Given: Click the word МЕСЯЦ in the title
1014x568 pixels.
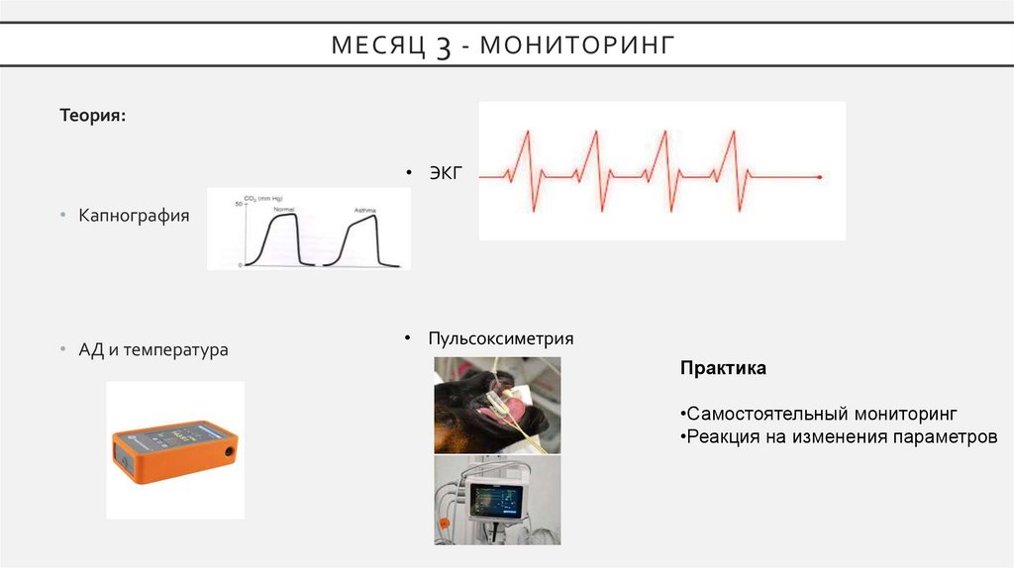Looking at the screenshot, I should pos(378,45).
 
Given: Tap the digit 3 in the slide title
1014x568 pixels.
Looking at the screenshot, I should pos(443,47).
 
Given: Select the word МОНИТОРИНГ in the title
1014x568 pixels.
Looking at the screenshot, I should pos(582,45).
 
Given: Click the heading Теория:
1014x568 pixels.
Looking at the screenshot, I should pos(92,116).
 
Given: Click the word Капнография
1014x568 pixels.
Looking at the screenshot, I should pos(135,215).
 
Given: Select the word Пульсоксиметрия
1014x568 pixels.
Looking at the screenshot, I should pos(500,338).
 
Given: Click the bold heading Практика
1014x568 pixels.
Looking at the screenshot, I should pos(723,368).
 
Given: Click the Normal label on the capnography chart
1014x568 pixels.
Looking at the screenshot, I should pos(284,210).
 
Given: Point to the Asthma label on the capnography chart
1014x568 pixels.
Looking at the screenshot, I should pos(363,211).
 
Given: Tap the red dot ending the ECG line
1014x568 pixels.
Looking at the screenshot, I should pos(820,176).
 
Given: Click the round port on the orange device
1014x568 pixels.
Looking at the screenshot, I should pos(229,451).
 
